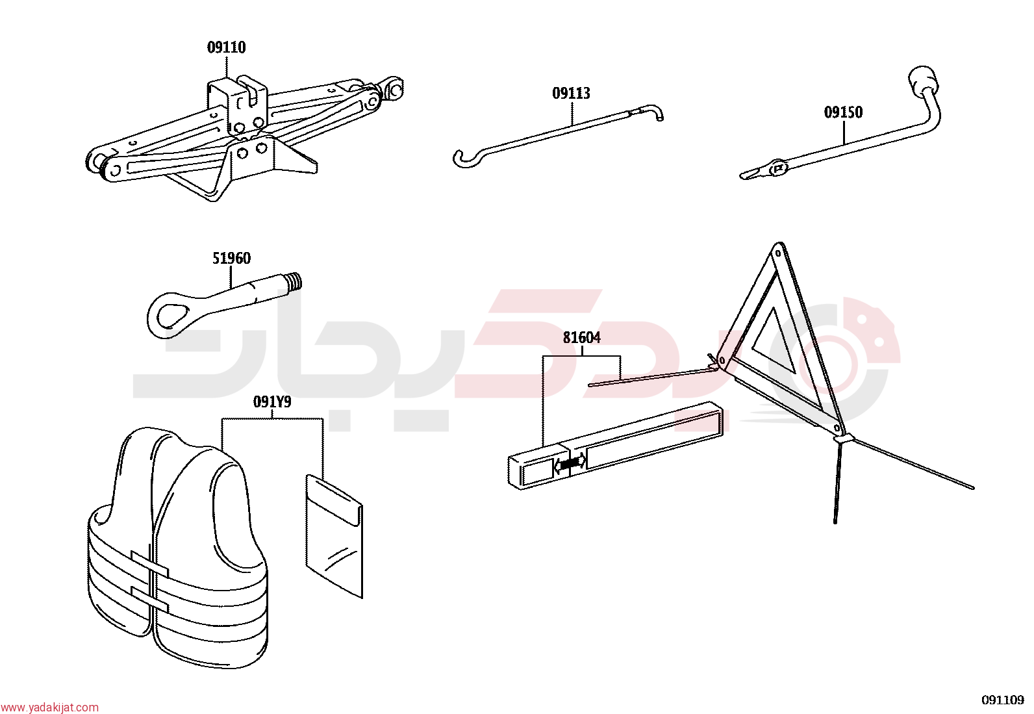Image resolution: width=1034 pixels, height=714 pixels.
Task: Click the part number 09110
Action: point(226,47)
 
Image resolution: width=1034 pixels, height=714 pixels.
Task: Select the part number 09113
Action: point(571,94)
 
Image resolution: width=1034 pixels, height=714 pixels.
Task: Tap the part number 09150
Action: point(843,112)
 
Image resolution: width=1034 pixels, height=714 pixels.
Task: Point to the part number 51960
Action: point(231,258)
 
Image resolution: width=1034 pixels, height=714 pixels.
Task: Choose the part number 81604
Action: point(582,338)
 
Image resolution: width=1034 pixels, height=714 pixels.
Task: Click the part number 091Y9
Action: point(272,402)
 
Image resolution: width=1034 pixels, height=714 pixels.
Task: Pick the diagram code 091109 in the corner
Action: point(1002,700)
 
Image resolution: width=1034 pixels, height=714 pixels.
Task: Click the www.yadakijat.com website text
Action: point(49,708)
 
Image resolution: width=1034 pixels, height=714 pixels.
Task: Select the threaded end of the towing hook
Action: point(294,281)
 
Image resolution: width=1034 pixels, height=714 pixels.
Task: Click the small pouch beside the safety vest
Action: point(334,536)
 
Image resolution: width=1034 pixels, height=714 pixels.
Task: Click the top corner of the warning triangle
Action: point(779,244)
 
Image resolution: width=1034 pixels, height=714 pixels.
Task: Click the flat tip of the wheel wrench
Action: point(751,174)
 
